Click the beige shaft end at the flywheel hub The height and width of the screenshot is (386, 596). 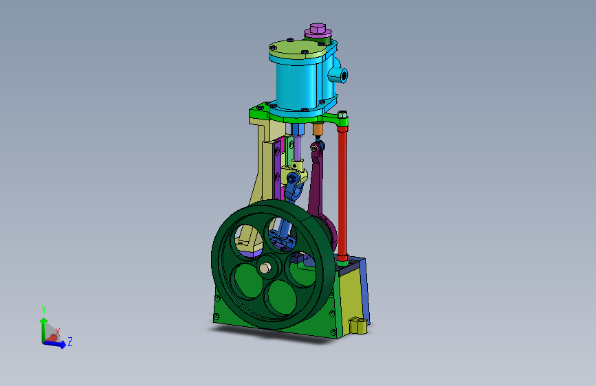[265, 269]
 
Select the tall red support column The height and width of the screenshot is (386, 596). [342, 192]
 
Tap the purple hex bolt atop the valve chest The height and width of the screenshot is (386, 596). [318, 28]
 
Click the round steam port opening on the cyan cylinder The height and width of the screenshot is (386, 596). [343, 76]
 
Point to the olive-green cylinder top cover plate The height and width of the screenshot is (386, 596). [298, 49]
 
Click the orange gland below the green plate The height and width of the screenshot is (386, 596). [318, 130]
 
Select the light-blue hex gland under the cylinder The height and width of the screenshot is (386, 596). [297, 130]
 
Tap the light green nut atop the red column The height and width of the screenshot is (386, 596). [342, 114]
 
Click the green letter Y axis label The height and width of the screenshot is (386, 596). [44, 310]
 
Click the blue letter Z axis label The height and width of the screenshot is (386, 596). [70, 341]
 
